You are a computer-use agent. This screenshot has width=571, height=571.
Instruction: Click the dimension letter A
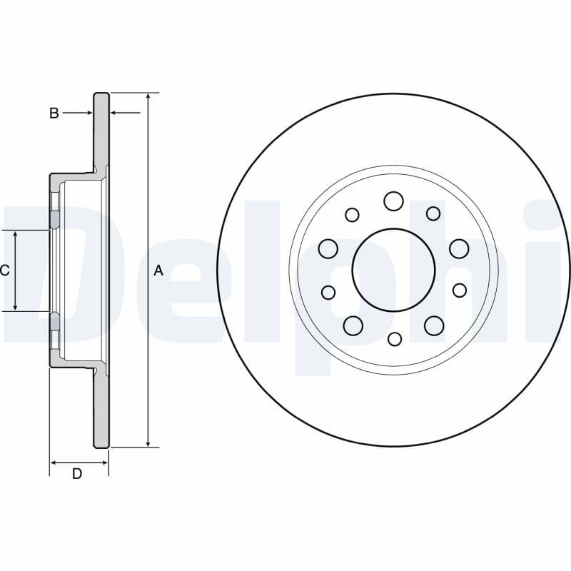pyautogui.click(x=158, y=271)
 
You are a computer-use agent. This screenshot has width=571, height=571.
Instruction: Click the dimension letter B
pyautogui.click(x=54, y=113)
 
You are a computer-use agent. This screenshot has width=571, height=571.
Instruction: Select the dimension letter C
pyautogui.click(x=4, y=271)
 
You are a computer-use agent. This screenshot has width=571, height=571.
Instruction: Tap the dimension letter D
pyautogui.click(x=77, y=474)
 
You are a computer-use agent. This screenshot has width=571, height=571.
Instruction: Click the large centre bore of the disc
pyautogui.click(x=393, y=270)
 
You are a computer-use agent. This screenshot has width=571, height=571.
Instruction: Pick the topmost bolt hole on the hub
pyautogui.click(x=393, y=201)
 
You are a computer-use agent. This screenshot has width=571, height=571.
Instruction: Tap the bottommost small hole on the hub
pyautogui.click(x=395, y=339)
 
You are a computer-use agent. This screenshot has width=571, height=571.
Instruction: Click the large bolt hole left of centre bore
pyautogui.click(x=328, y=248)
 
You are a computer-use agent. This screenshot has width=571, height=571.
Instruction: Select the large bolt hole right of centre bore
pyautogui.click(x=459, y=248)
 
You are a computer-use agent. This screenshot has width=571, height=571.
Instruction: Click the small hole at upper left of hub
pyautogui.click(x=352, y=214)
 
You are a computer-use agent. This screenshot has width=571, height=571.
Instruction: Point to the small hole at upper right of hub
pyautogui.click(x=433, y=213)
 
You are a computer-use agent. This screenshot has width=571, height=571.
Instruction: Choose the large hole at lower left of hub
pyautogui.click(x=353, y=325)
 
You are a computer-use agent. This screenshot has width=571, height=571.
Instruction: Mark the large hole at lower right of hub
pyautogui.click(x=434, y=325)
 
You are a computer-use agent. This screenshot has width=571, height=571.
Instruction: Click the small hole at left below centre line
pyautogui.click(x=328, y=292)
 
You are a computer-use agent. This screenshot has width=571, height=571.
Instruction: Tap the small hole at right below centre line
pyautogui.click(x=460, y=290)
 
